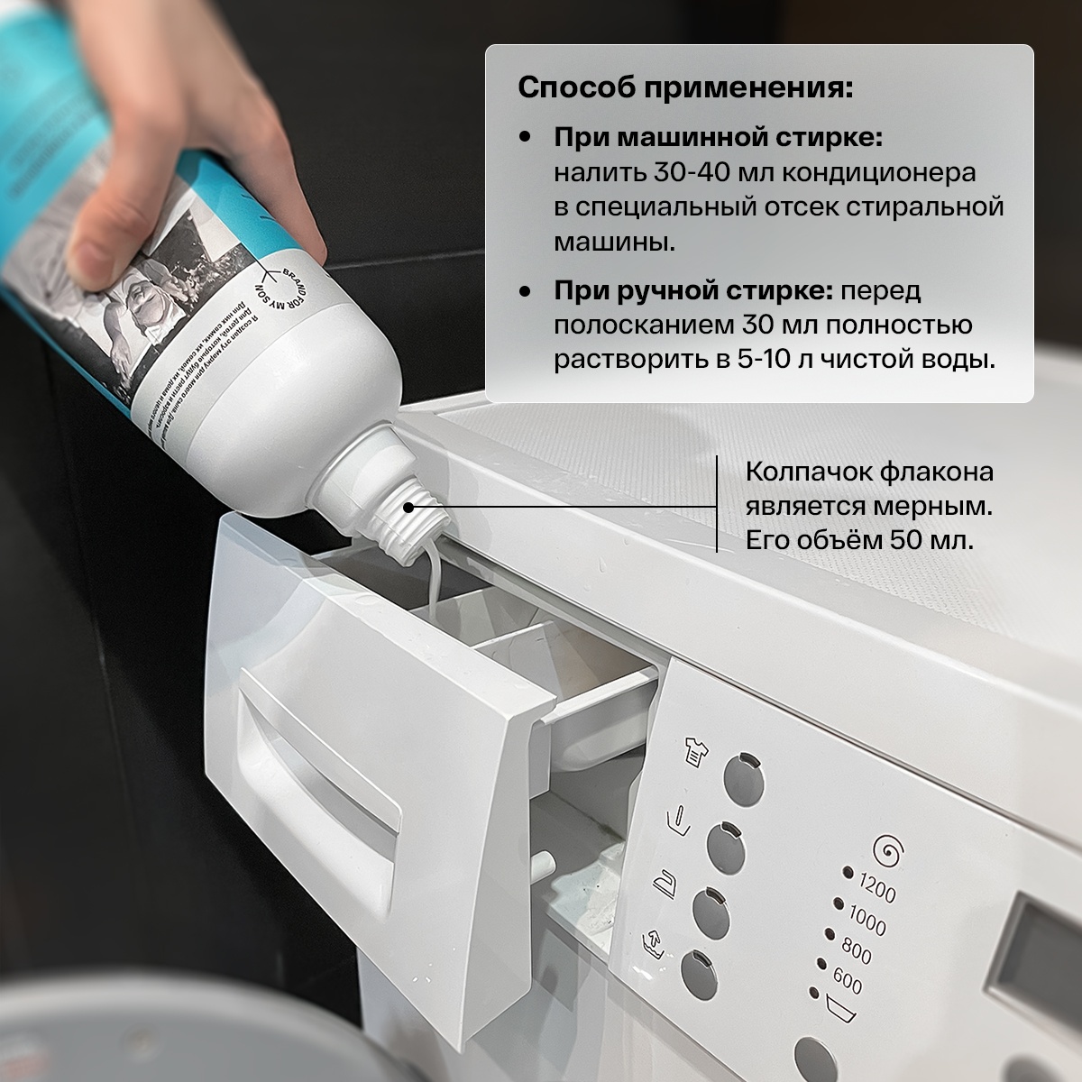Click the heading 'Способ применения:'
(684, 90)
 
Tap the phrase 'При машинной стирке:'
(717, 140)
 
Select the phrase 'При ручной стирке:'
(693, 292)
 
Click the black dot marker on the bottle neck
(408, 508)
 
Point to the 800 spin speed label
(857, 950)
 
